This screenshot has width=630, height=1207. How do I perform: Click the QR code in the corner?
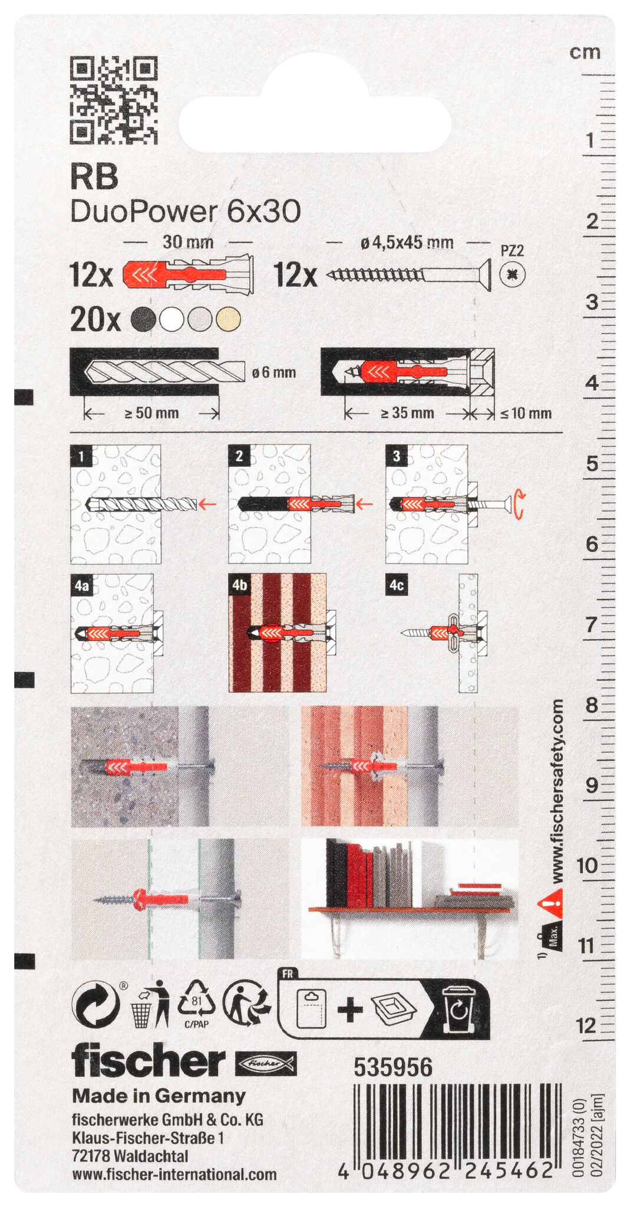coord(114,100)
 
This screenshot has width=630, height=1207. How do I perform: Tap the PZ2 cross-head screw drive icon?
coord(512,274)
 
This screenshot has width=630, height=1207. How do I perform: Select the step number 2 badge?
coord(239,456)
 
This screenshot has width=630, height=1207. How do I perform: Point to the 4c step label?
coord(397,585)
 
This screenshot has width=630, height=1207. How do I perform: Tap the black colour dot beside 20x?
coord(144,319)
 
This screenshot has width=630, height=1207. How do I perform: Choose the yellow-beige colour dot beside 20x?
coord(228,319)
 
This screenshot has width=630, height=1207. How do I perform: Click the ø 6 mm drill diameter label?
coord(273,372)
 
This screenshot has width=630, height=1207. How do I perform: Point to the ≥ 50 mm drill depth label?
coord(151,413)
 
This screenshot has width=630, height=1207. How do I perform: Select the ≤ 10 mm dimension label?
coord(526,413)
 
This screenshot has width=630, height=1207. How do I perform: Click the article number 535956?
coord(393,1067)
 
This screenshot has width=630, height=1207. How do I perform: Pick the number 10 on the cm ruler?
coord(587,866)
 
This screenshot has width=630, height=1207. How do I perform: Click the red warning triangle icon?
coord(550,902)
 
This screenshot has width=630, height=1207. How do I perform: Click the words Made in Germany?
coord(159,1096)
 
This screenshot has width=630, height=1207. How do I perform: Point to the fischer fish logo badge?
coord(266,1063)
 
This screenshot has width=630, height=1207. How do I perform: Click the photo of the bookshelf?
coord(410,899)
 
